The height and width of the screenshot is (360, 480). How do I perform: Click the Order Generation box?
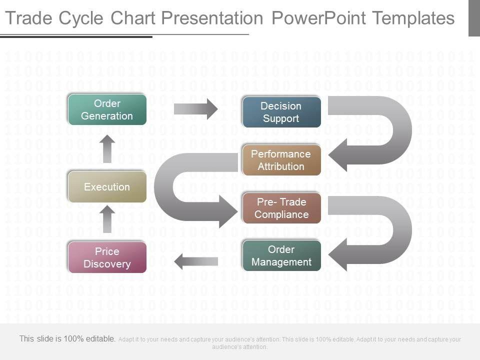coord(107,109)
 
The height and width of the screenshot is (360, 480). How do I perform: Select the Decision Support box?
coord(281,112)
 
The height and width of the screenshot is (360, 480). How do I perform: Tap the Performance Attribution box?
coord(281,160)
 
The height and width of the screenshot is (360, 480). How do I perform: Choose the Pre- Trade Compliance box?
coord(281,208)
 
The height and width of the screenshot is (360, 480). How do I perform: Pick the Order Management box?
coord(281,255)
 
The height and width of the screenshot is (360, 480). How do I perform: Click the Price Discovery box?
coord(107,257)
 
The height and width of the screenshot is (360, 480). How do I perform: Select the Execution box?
coord(107,187)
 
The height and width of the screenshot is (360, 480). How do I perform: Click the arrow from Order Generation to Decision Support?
coord(196,109)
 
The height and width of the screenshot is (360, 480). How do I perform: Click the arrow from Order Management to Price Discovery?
coord(196,260)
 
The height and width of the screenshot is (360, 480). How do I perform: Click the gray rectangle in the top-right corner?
coord(474,18)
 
